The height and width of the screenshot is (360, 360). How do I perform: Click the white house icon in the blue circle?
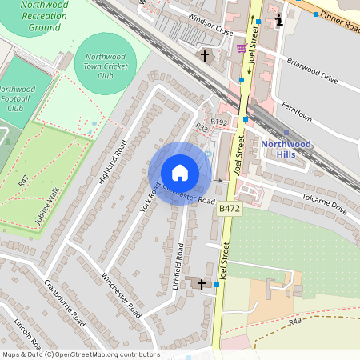[x=179, y=173]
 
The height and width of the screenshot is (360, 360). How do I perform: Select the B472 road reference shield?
[x=228, y=208]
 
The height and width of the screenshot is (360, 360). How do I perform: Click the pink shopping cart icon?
[x=242, y=49]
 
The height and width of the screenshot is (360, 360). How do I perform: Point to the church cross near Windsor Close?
[x=206, y=56]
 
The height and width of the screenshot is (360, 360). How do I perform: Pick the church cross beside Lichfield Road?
[x=201, y=283]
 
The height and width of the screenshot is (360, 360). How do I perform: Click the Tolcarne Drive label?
[x=323, y=203]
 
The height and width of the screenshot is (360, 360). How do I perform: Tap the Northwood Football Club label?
[x=16, y=98]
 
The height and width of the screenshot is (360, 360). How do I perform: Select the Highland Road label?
[x=113, y=162]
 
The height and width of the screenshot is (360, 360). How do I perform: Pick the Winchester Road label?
[x=121, y=294]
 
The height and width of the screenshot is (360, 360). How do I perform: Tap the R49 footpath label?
[x=295, y=321]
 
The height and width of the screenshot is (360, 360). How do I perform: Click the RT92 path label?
[x=218, y=122]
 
